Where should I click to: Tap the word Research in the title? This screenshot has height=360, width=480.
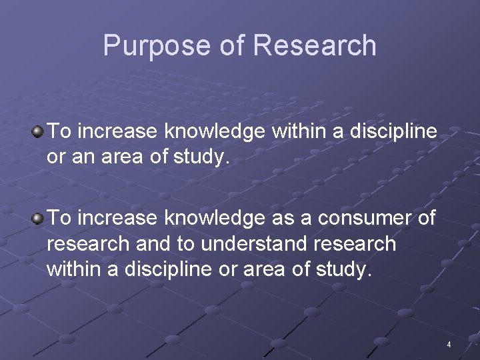click(x=315, y=46)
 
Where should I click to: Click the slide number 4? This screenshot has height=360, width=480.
click(x=449, y=345)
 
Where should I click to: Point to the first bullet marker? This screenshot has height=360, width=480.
click(x=38, y=131)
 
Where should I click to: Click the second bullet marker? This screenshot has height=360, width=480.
click(x=38, y=218)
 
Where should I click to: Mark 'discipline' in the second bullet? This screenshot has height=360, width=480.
click(x=170, y=270)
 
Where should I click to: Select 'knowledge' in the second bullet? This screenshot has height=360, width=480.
click(x=211, y=218)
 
